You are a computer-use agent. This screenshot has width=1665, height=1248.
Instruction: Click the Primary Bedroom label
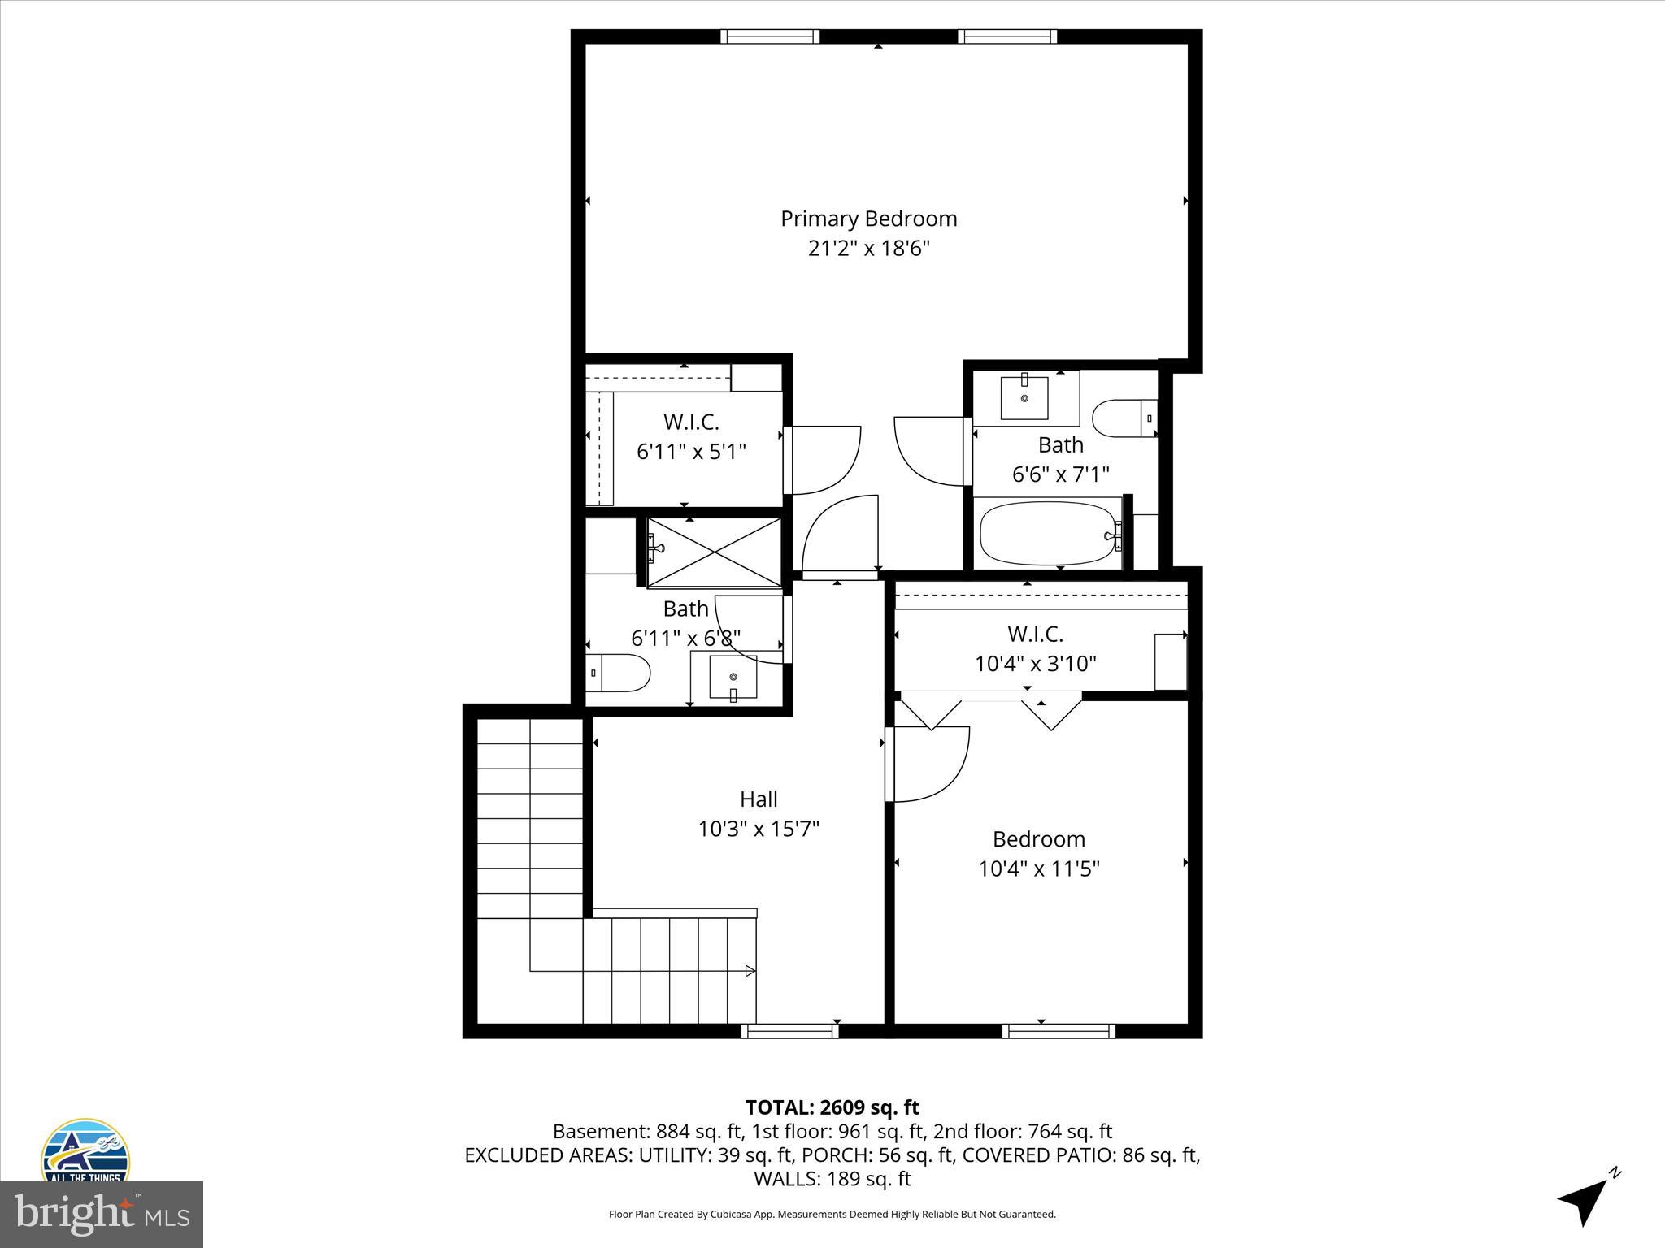[x=868, y=219]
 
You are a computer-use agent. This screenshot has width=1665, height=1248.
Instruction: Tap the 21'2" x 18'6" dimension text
[x=868, y=248]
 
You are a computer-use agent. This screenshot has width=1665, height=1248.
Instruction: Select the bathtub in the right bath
[x=1048, y=533]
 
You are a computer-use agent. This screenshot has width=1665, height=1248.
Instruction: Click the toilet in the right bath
[x=1123, y=418]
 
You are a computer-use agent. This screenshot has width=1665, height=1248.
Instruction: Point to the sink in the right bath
[x=1024, y=397]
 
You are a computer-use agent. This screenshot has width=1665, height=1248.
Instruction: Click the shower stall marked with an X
[x=714, y=552]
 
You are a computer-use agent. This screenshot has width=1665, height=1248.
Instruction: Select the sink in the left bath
[x=733, y=677]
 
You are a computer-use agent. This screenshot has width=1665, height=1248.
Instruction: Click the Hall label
[x=759, y=799]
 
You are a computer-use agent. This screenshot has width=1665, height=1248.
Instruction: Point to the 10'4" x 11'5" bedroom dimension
[x=1038, y=869]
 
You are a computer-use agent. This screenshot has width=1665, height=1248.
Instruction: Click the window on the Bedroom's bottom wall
[x=1059, y=1031]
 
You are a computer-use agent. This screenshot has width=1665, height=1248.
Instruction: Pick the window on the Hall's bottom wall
[x=789, y=1031]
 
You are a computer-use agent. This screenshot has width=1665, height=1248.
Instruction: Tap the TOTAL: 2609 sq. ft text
[x=832, y=1107]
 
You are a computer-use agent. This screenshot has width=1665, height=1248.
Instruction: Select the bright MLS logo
[x=102, y=1215]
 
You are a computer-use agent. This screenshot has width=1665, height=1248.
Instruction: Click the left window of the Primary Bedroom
[x=769, y=37]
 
